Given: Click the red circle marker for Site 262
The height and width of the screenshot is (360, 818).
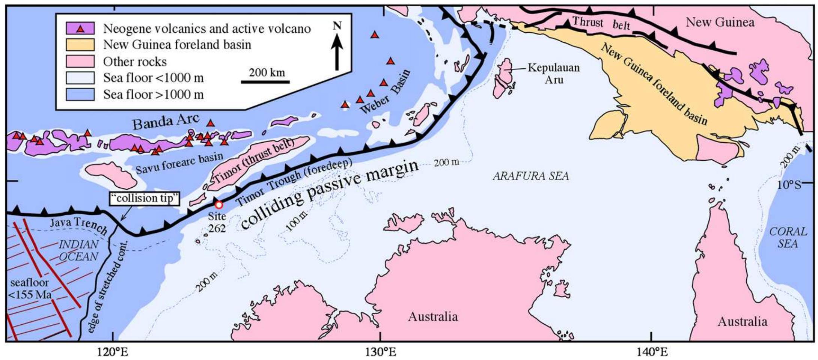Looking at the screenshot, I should click(218, 205).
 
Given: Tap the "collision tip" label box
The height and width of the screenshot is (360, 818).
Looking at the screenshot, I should click(144, 198).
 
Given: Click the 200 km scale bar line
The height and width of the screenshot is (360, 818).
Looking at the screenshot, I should click(265, 81).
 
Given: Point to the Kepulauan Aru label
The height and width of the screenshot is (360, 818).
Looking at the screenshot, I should click(554, 73).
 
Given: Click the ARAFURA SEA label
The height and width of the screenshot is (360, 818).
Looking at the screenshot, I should click(531, 176).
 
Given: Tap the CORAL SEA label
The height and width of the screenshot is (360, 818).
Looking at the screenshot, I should click(788, 237).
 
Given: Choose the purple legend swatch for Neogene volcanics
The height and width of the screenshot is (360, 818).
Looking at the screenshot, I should click(80, 28).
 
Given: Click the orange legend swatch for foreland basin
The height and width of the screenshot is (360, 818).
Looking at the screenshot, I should click(80, 45).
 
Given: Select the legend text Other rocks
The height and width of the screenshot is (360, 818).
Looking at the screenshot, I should click(135, 61).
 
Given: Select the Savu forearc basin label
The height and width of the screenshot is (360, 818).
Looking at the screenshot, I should click(179, 163).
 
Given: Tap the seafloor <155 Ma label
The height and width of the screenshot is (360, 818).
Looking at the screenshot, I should click(30, 289).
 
